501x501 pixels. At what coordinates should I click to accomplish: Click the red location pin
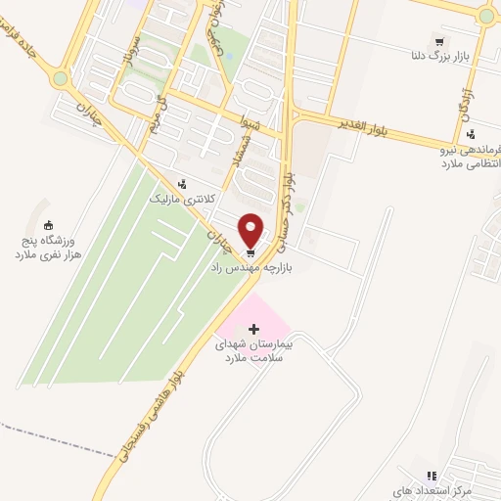(251, 229)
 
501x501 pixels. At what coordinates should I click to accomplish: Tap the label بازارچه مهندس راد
(250, 266)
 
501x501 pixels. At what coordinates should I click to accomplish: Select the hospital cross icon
(254, 329)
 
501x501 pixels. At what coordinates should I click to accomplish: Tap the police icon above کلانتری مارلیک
(182, 184)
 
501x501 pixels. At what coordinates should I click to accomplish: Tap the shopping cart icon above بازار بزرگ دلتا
(439, 42)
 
